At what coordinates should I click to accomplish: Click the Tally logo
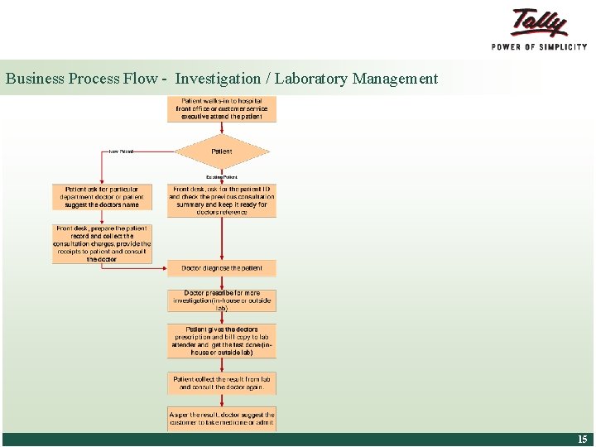point(539,22)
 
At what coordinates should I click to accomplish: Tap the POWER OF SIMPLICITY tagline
point(539,46)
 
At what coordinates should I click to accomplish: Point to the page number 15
point(583,440)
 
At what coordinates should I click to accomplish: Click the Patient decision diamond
point(222,151)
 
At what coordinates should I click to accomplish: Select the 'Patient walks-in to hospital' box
point(222,109)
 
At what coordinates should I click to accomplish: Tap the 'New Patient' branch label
point(121,151)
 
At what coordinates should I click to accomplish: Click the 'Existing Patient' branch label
point(222,176)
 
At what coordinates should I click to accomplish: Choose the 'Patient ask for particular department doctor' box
point(102,197)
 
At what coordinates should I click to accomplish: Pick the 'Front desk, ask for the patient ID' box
point(222,200)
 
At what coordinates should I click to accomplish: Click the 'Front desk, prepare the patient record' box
point(102,244)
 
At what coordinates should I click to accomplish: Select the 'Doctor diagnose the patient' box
point(222,268)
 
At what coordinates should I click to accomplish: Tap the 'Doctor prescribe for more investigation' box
point(222,300)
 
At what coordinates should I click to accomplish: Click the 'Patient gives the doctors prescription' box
point(222,340)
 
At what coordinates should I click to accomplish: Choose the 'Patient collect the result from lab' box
point(222,382)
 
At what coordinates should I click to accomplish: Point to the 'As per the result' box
point(222,418)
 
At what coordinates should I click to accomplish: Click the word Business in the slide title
point(35,79)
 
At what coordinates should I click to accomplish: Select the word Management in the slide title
point(394,79)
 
